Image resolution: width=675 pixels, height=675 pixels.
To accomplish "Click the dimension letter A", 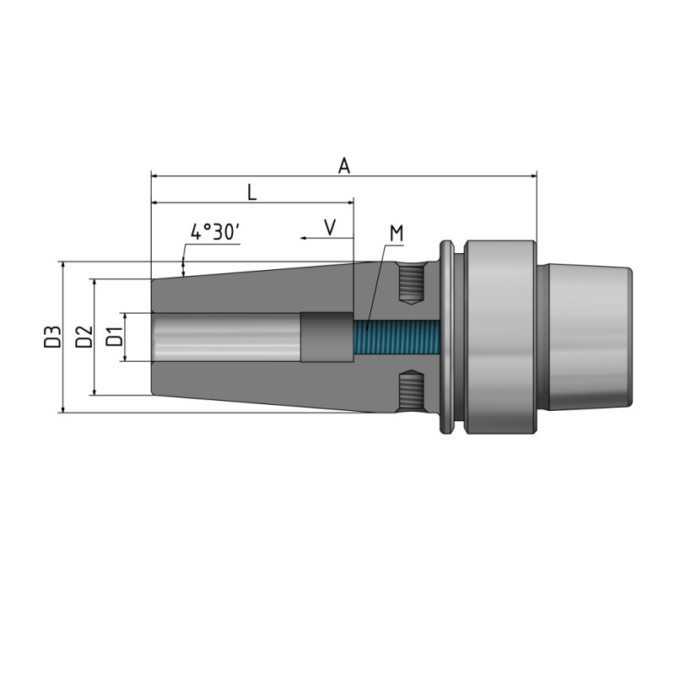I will (343, 165).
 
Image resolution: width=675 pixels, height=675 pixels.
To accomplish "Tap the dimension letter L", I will (251, 192).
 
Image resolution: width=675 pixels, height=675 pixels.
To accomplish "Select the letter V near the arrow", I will (330, 227).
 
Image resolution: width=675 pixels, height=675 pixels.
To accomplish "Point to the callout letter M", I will (396, 233).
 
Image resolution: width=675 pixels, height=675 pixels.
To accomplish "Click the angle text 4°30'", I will (215, 233).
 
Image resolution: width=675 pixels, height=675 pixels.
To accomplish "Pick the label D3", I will (53, 337).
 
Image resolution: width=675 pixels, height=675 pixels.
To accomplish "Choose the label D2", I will (84, 337).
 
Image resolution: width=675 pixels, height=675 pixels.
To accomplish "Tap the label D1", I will (115, 337).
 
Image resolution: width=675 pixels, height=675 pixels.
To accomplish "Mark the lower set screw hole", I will (412, 391).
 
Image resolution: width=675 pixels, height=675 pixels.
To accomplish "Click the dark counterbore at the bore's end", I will (327, 337).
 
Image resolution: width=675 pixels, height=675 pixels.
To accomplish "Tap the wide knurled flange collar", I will (499, 337).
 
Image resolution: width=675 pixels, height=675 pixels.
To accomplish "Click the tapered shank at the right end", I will (589, 337).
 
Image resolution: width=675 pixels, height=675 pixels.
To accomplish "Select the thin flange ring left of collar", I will (447, 337).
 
